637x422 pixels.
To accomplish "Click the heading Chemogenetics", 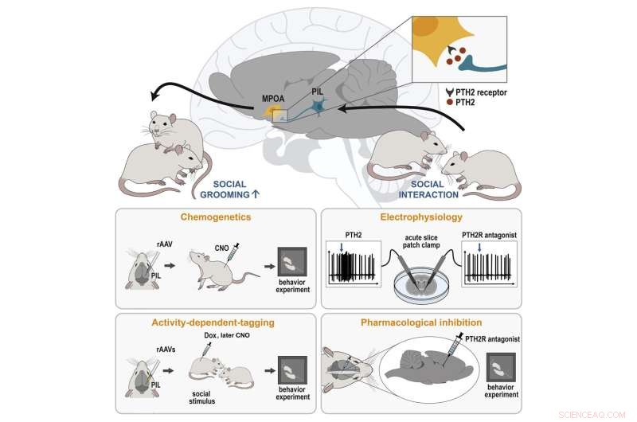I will tap(215, 215).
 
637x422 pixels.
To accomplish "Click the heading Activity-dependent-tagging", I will tap(215, 322).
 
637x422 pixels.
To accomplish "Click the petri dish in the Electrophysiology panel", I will tap(419, 283).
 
